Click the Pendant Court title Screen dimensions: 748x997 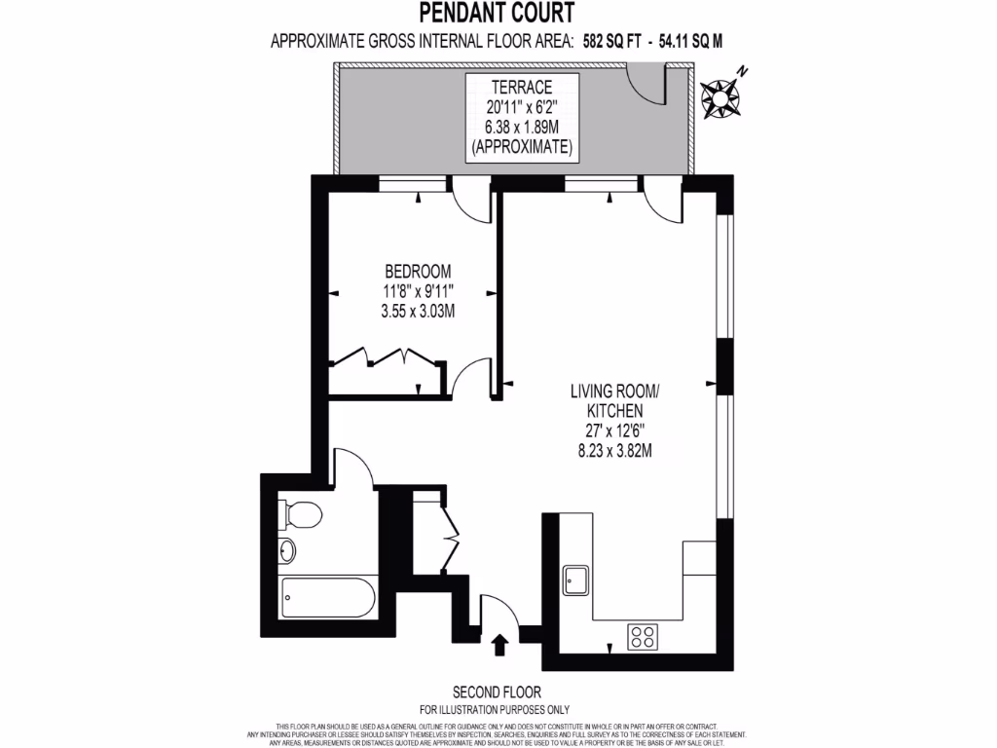(496, 13)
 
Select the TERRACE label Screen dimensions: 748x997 (521, 88)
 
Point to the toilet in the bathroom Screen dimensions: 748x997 (300, 512)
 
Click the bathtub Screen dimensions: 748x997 (325, 597)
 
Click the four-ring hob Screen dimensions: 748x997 (643, 637)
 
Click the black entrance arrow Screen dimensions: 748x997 (501, 644)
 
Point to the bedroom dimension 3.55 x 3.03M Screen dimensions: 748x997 (419, 311)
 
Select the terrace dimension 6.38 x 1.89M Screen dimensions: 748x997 (521, 127)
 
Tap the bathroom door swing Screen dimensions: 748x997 (351, 467)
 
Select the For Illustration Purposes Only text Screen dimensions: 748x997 (495, 709)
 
